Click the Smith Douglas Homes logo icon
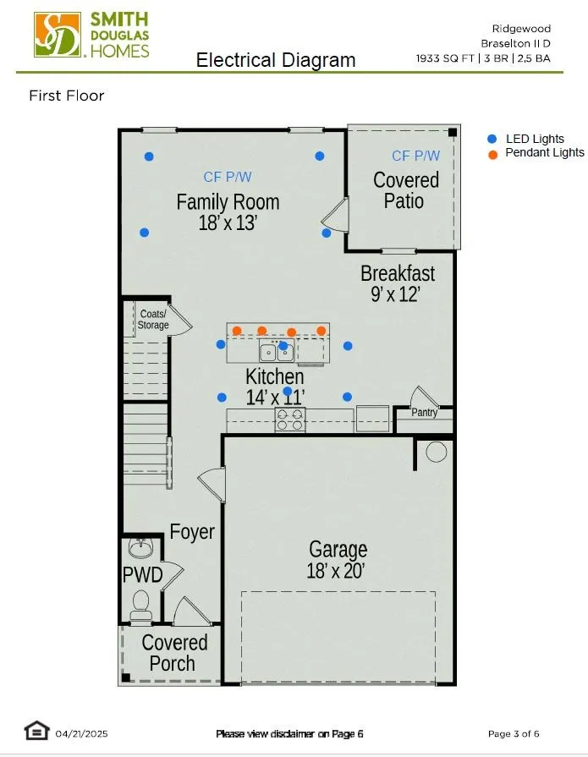point(57,35)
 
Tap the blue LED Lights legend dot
point(492,139)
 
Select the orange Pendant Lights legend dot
point(492,155)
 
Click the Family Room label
point(228,202)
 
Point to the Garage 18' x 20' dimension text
point(336,571)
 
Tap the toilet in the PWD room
point(141,605)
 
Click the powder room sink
point(140,547)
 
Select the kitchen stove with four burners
point(290,420)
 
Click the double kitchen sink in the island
point(277,351)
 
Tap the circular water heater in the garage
point(437,452)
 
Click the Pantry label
point(425,412)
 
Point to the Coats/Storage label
point(153,320)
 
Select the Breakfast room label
point(398,273)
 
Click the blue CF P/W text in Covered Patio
point(416,156)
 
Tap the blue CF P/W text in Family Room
point(228,177)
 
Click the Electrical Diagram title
point(276,60)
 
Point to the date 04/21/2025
point(81,734)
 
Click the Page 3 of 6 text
point(514,734)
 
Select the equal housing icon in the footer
point(36,731)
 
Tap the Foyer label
point(192,531)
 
